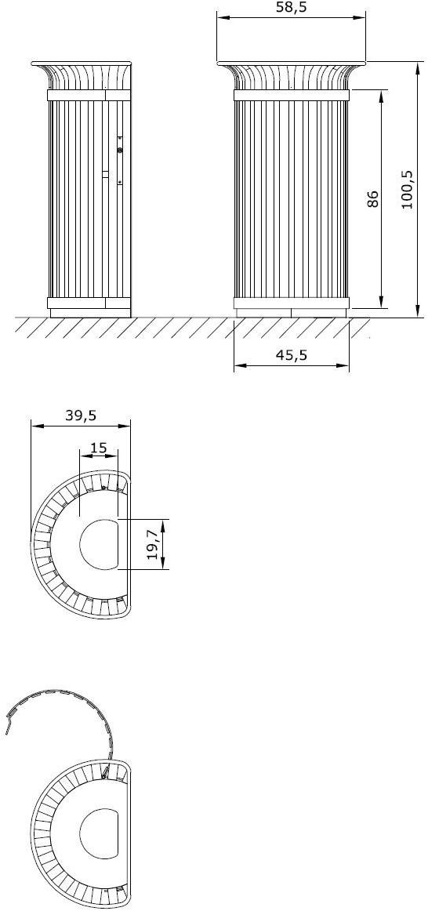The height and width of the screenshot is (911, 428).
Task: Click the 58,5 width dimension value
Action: [292, 7]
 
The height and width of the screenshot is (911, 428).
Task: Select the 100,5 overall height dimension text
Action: [408, 190]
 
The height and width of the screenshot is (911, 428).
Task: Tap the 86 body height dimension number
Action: [373, 199]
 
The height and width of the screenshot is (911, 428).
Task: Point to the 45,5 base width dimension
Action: [292, 355]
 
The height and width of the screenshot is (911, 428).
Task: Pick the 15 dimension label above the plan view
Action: [98, 448]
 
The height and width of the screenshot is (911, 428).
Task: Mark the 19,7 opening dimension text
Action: [154, 543]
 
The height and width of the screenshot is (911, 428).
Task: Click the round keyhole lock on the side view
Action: [119, 151]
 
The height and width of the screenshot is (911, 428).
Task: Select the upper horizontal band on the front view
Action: [292, 95]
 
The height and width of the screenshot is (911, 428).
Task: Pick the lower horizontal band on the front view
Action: [292, 303]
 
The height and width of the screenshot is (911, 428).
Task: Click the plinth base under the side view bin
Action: [89, 313]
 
